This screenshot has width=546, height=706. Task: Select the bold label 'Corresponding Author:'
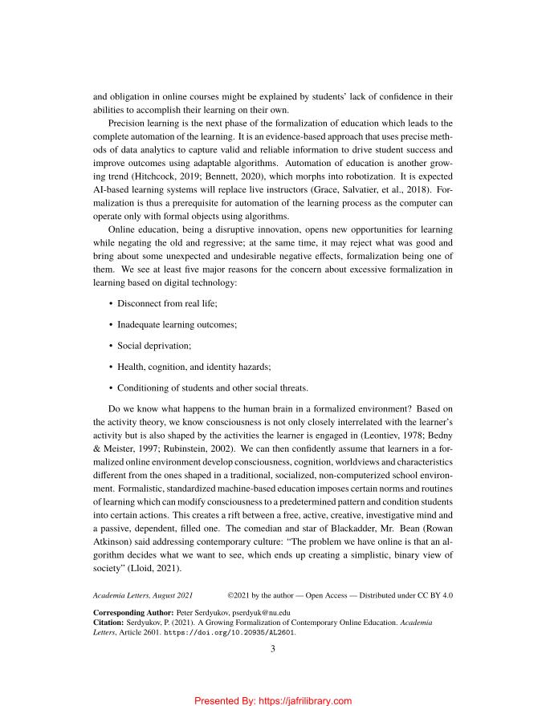click(x=128, y=611)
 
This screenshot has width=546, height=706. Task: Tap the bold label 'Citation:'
click(x=108, y=622)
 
